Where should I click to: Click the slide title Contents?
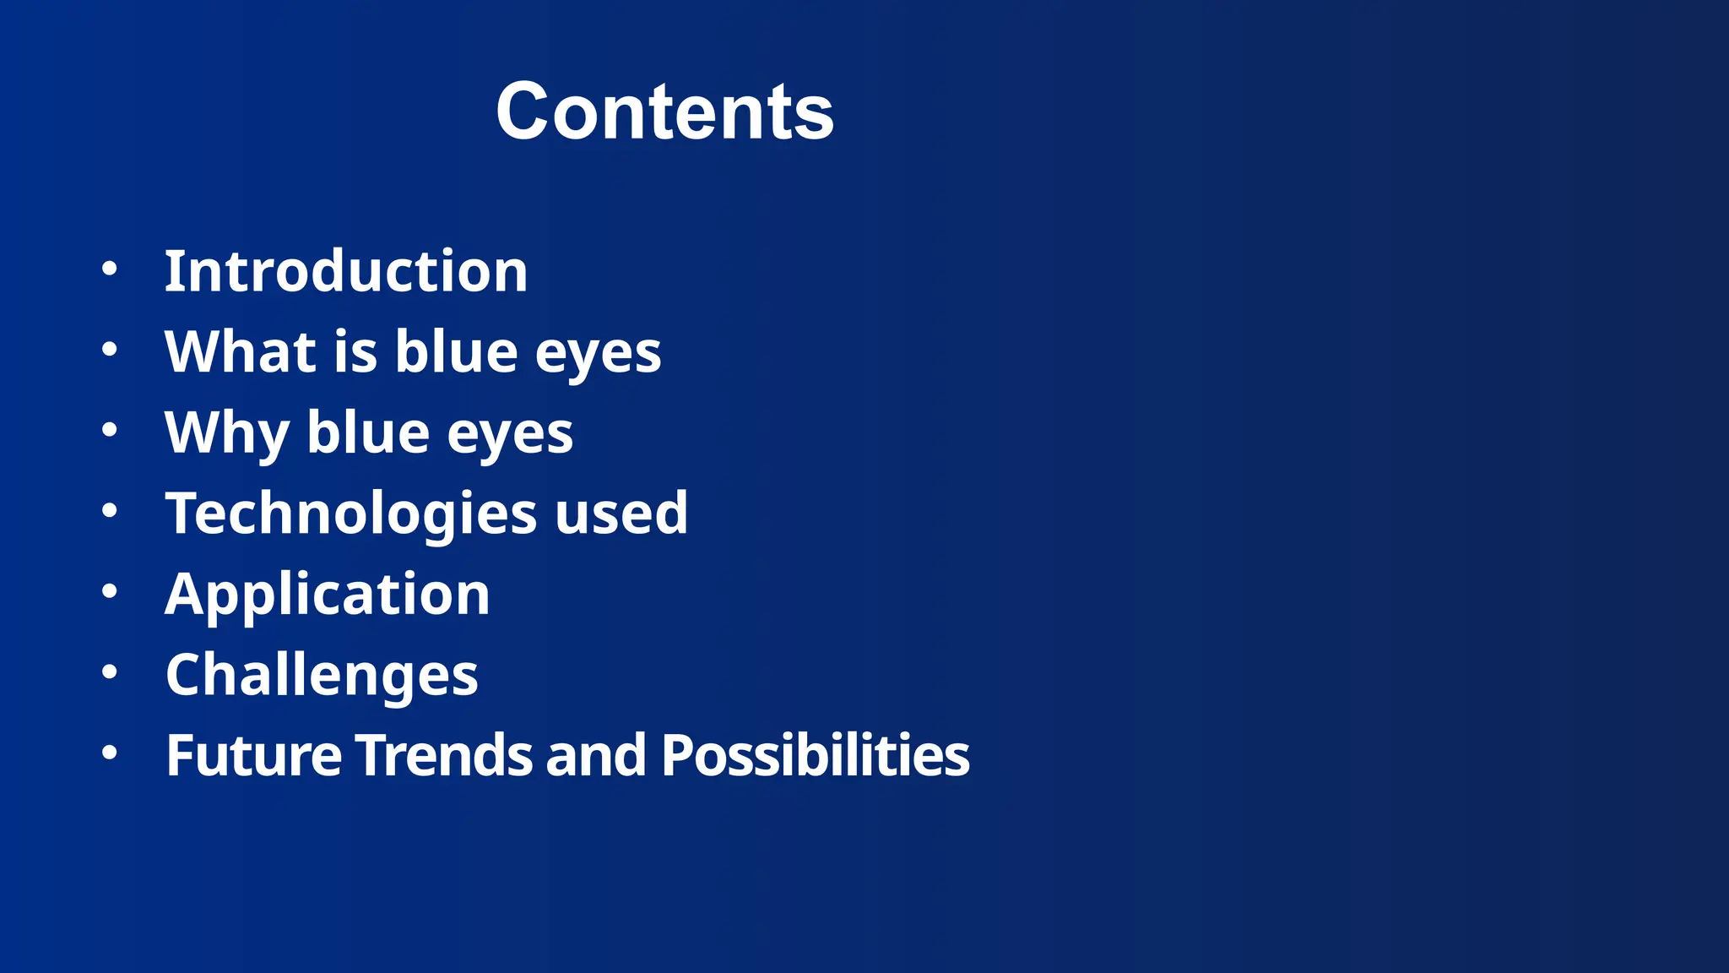[x=664, y=111]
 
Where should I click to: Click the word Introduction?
[x=346, y=271]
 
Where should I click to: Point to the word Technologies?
[x=351, y=514]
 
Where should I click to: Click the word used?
[x=621, y=514]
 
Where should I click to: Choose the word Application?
[x=328, y=595]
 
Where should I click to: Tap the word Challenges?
[x=322, y=675]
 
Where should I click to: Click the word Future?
[x=253, y=755]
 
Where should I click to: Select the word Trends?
[x=444, y=755]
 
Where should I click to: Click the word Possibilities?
[x=816, y=755]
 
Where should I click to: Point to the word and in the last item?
[x=596, y=755]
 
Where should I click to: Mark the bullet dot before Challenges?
[x=109, y=672]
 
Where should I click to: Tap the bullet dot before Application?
[x=109, y=591]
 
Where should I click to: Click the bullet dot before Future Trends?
[x=109, y=753]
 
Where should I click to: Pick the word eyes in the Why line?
[x=510, y=434]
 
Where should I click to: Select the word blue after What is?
[x=456, y=351]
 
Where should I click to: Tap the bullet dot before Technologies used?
[x=109, y=510]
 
